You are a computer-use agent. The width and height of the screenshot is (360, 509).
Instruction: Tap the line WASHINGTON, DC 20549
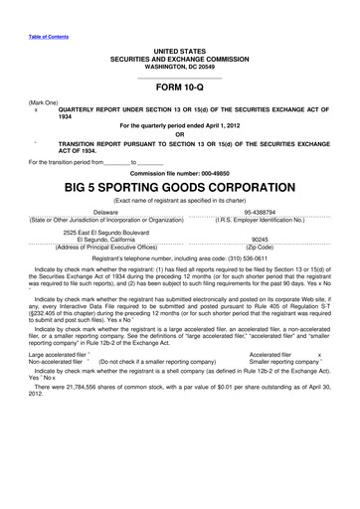179,63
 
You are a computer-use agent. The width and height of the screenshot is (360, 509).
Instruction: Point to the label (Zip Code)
262,246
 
